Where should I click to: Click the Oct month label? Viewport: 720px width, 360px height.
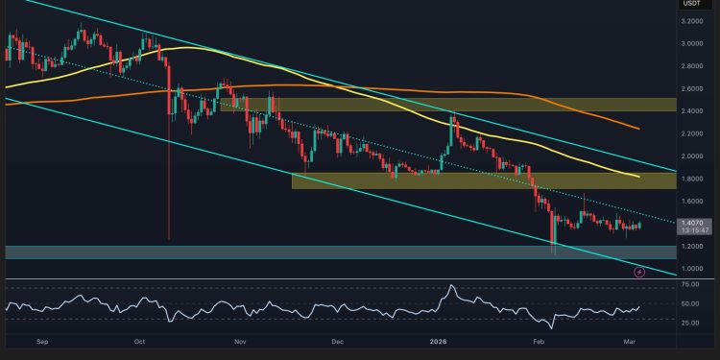coord(139,341)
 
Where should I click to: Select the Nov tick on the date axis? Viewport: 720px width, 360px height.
coord(240,341)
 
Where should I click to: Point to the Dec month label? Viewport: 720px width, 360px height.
coord(337,341)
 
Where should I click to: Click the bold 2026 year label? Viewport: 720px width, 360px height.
coord(438,341)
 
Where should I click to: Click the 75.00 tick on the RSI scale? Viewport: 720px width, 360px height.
coord(689,286)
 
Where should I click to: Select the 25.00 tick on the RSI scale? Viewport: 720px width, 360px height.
coord(689,323)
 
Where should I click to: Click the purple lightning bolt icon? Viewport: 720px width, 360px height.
coord(640,272)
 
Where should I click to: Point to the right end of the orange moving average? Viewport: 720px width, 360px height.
coord(640,128)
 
